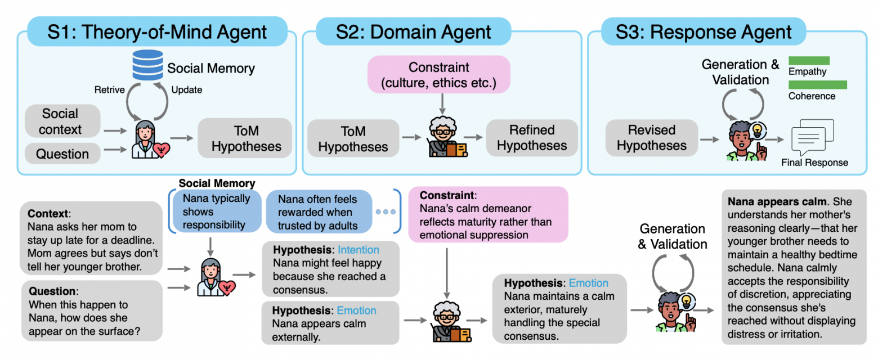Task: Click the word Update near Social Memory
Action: [186, 90]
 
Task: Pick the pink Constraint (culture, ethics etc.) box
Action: [439, 75]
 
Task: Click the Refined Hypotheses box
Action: [532, 138]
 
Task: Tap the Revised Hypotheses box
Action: [651, 138]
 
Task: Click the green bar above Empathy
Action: [809, 60]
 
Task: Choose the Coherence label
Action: [812, 96]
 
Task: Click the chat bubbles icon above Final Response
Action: [813, 137]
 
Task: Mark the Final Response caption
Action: [814, 163]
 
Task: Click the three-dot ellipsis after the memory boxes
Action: [386, 212]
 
